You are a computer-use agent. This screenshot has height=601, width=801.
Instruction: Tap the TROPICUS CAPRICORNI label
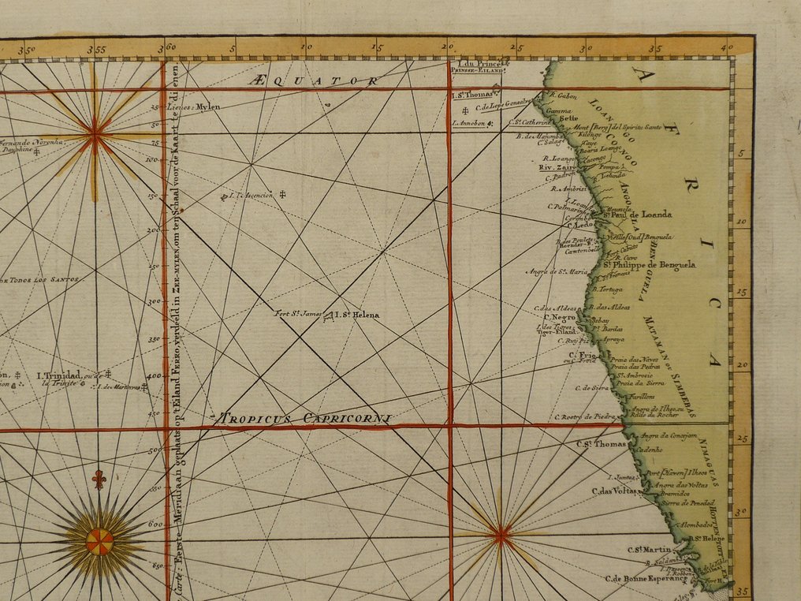click(x=306, y=419)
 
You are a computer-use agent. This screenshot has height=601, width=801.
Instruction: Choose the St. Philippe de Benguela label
click(x=650, y=265)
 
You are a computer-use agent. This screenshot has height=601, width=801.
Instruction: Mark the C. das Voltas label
click(x=615, y=491)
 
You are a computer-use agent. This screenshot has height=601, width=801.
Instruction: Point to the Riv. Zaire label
click(x=557, y=167)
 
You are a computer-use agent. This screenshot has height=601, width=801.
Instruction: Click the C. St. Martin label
click(x=650, y=550)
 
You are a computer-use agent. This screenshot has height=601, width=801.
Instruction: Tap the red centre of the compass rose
click(x=99, y=542)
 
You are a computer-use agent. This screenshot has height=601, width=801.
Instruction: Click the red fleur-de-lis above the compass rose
click(x=99, y=479)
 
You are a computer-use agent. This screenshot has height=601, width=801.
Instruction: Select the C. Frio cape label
click(x=583, y=356)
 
